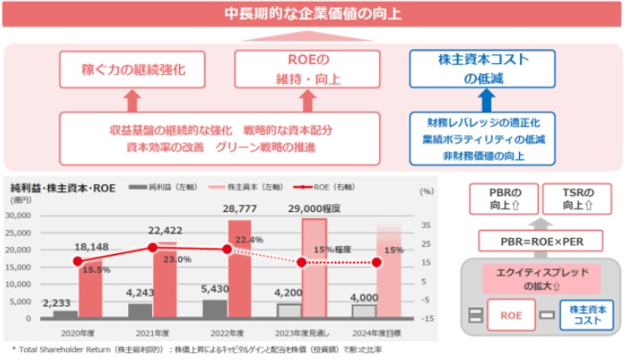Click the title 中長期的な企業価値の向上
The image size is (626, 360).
click(313, 15)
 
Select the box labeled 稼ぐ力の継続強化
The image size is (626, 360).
click(128, 69)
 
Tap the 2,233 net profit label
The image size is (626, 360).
click(63, 302)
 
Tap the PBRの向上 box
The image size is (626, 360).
click(500, 197)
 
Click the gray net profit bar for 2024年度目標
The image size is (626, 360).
click(364, 311)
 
